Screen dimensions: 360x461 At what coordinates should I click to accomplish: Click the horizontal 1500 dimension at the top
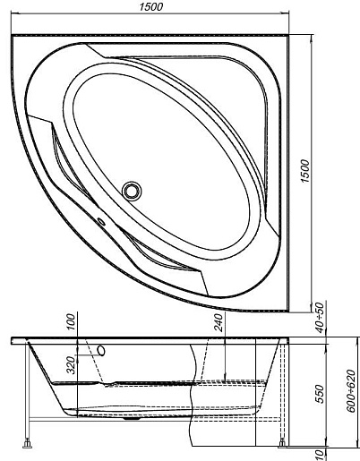click(x=151, y=6)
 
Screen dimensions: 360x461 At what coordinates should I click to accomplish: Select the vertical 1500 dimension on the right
click(x=305, y=171)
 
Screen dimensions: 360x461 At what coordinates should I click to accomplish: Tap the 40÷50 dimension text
click(x=320, y=318)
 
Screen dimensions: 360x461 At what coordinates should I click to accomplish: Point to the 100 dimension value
click(x=71, y=321)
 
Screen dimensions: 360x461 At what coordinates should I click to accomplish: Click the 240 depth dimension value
click(x=219, y=322)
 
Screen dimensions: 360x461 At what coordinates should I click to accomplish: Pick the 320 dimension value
click(x=71, y=365)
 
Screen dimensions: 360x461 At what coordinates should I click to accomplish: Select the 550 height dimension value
click(x=320, y=394)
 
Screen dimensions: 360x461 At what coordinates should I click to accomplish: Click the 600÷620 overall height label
click(x=352, y=391)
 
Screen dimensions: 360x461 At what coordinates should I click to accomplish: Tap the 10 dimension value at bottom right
click(x=320, y=455)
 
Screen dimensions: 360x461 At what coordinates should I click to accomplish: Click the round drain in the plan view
click(x=132, y=191)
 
